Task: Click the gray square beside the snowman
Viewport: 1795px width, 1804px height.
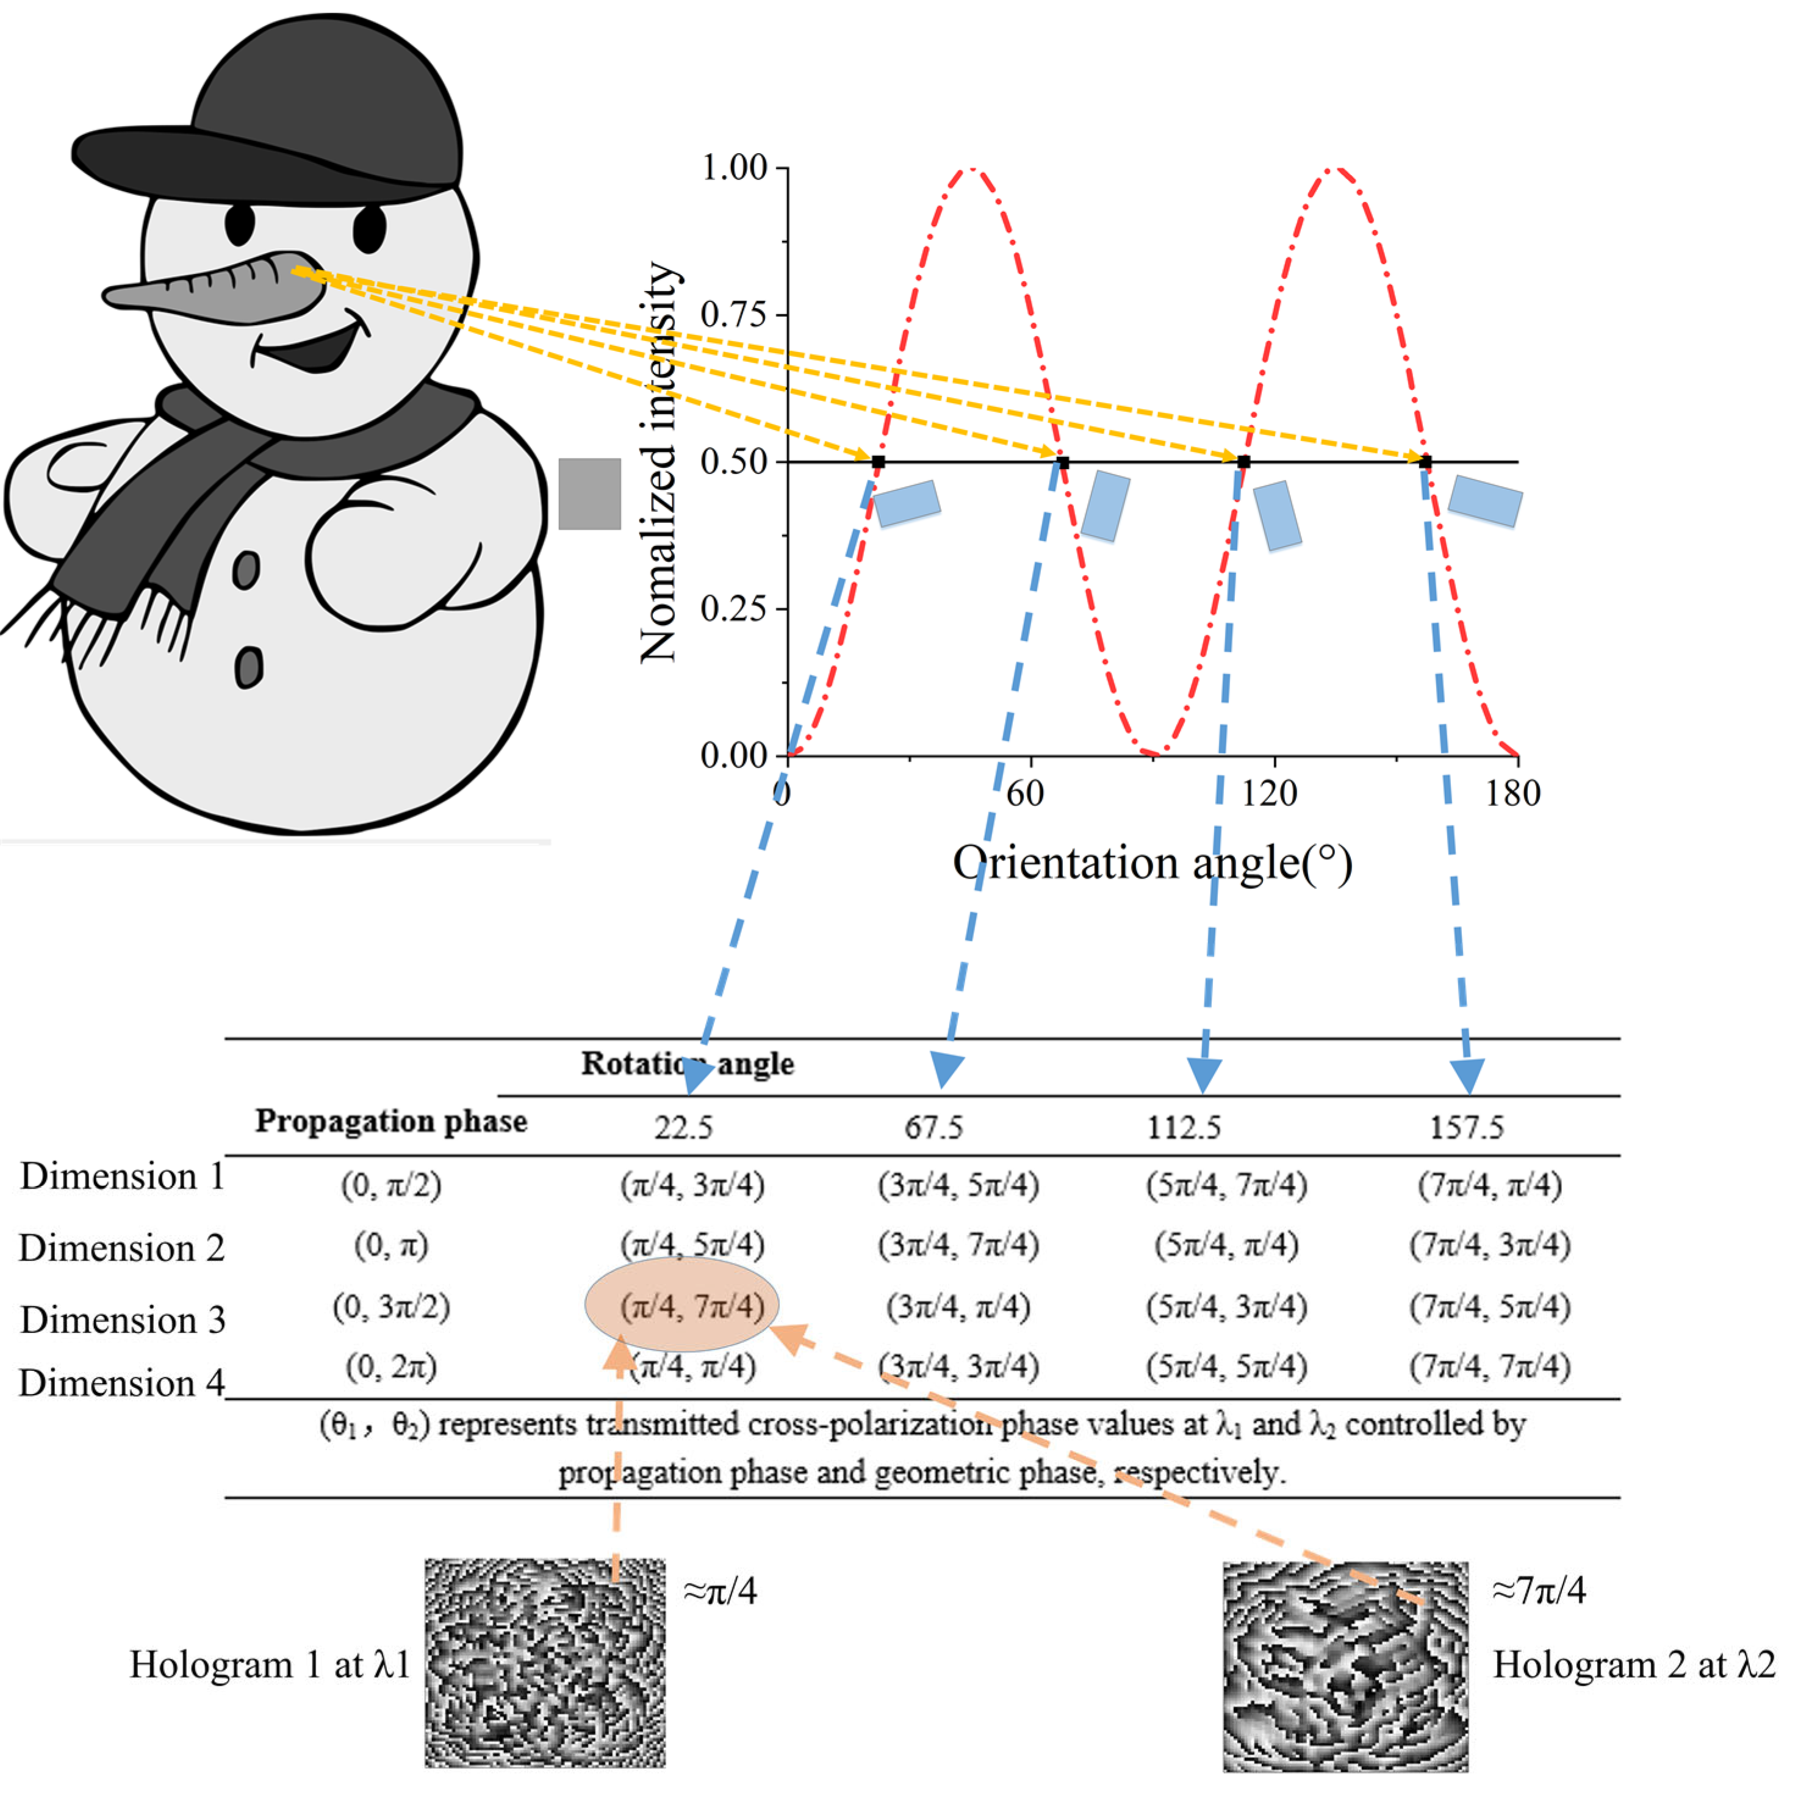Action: (589, 494)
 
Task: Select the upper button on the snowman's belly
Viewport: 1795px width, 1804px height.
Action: (246, 570)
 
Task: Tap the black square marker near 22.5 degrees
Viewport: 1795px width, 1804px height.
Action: (878, 462)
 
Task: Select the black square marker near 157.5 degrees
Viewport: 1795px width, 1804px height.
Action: (1425, 462)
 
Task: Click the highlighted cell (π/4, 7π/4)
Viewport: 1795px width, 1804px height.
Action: (692, 1306)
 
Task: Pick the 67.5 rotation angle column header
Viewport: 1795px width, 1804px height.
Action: (933, 1128)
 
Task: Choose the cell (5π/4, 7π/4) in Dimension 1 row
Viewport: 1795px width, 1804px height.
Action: (1226, 1186)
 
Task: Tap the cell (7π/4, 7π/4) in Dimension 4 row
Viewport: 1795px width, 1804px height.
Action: (1489, 1367)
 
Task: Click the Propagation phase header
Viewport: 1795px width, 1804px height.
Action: (391, 1121)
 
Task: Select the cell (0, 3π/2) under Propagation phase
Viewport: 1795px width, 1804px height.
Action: (391, 1306)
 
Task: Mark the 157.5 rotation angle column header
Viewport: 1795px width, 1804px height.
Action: (1466, 1128)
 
